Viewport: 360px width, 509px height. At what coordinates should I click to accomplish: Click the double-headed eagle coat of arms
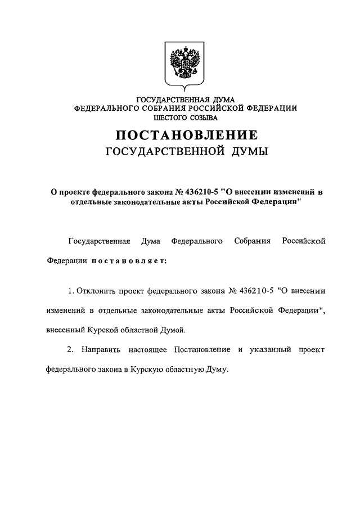186,64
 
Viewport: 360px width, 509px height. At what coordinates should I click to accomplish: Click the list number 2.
70,350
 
